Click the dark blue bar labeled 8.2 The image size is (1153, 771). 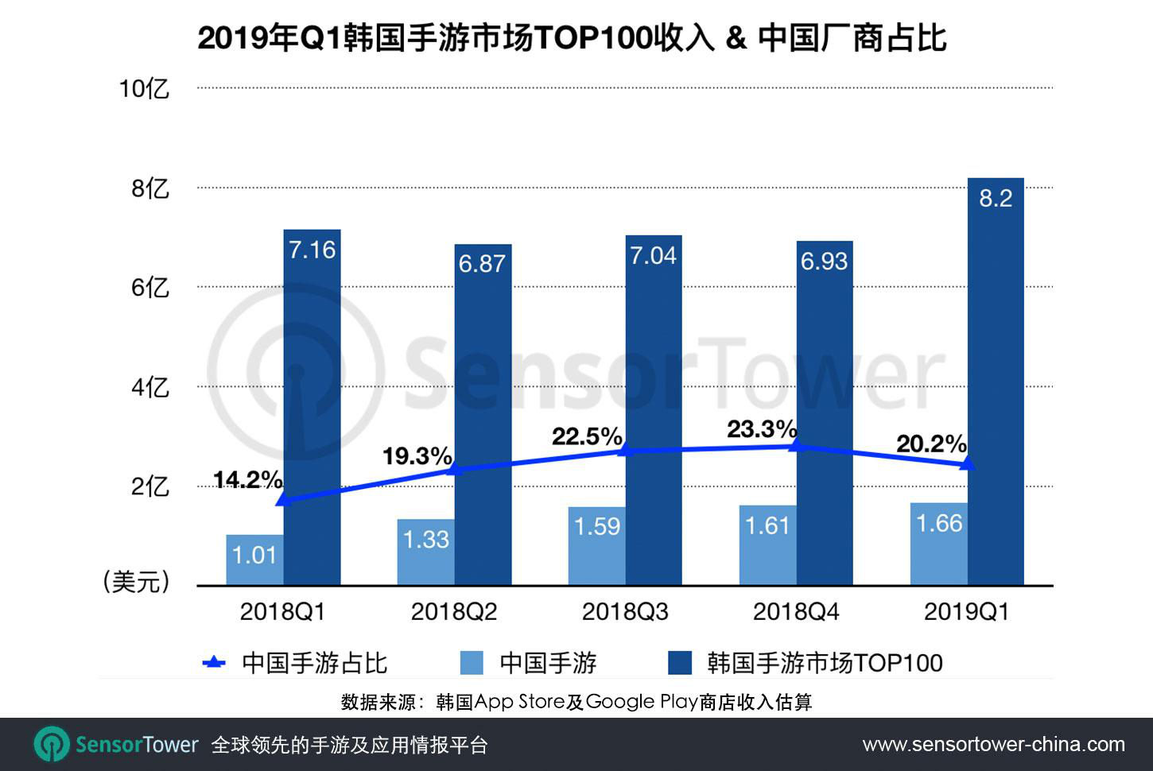coord(996,382)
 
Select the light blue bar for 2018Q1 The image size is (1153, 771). coord(254,560)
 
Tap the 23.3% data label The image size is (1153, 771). coord(761,429)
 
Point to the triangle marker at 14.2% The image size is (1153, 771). coord(283,500)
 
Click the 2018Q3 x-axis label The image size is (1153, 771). coord(625,611)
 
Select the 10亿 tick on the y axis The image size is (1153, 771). coord(144,88)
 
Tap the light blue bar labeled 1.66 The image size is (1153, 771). coord(938,544)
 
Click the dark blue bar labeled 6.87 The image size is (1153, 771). coord(483,413)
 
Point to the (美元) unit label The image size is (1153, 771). coord(137,582)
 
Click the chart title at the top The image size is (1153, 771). coord(572,37)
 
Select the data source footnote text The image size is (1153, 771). coord(576,702)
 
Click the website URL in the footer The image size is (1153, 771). coord(993,745)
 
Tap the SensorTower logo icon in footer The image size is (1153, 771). coord(52,745)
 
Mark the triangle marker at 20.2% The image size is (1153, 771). coord(967,463)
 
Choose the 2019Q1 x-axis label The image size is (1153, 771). coord(966,611)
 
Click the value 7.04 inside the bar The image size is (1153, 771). coord(653,255)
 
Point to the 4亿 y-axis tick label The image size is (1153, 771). coord(149,387)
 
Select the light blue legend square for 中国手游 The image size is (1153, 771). coord(472,662)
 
